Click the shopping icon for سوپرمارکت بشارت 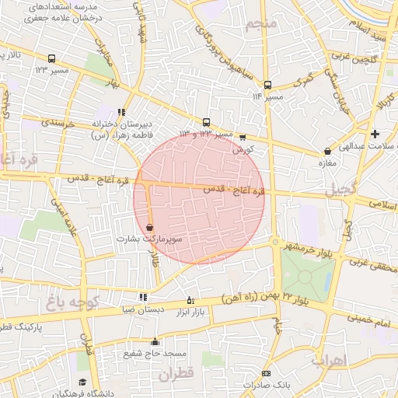click(x=149, y=227)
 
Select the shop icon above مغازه click(x=327, y=151)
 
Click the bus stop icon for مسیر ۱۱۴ click(x=268, y=85)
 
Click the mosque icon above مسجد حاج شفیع click(x=155, y=341)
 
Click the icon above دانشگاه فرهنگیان click(x=82, y=382)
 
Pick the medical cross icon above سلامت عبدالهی click(x=375, y=134)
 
